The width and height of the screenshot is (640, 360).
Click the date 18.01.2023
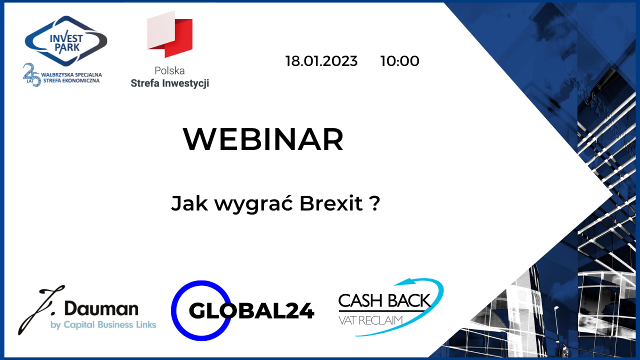point(321,61)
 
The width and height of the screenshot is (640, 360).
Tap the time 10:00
point(399,61)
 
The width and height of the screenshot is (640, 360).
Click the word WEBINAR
point(263,139)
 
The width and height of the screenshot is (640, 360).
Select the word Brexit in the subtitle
point(330,204)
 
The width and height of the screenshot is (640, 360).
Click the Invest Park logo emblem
point(66,40)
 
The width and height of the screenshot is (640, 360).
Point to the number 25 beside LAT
point(31,75)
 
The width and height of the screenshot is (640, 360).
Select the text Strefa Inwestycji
point(169,83)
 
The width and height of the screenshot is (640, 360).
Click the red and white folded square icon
point(170,34)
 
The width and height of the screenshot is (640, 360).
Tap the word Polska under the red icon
point(169,71)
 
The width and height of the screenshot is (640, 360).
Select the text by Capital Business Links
point(103,325)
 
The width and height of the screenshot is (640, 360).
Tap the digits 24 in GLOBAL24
point(298,311)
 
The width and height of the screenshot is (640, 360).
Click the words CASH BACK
point(384,301)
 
